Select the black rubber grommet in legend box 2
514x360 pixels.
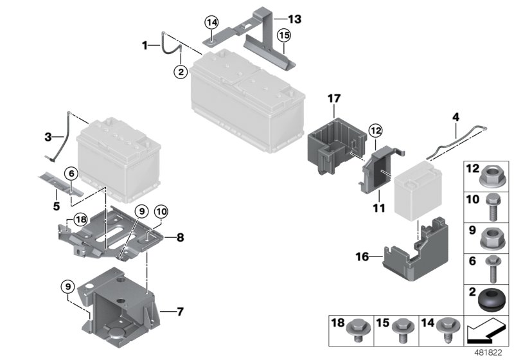492,299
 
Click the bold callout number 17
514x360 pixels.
332,100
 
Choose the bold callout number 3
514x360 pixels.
48,136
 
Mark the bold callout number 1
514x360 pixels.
146,45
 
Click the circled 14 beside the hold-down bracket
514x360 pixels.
211,22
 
